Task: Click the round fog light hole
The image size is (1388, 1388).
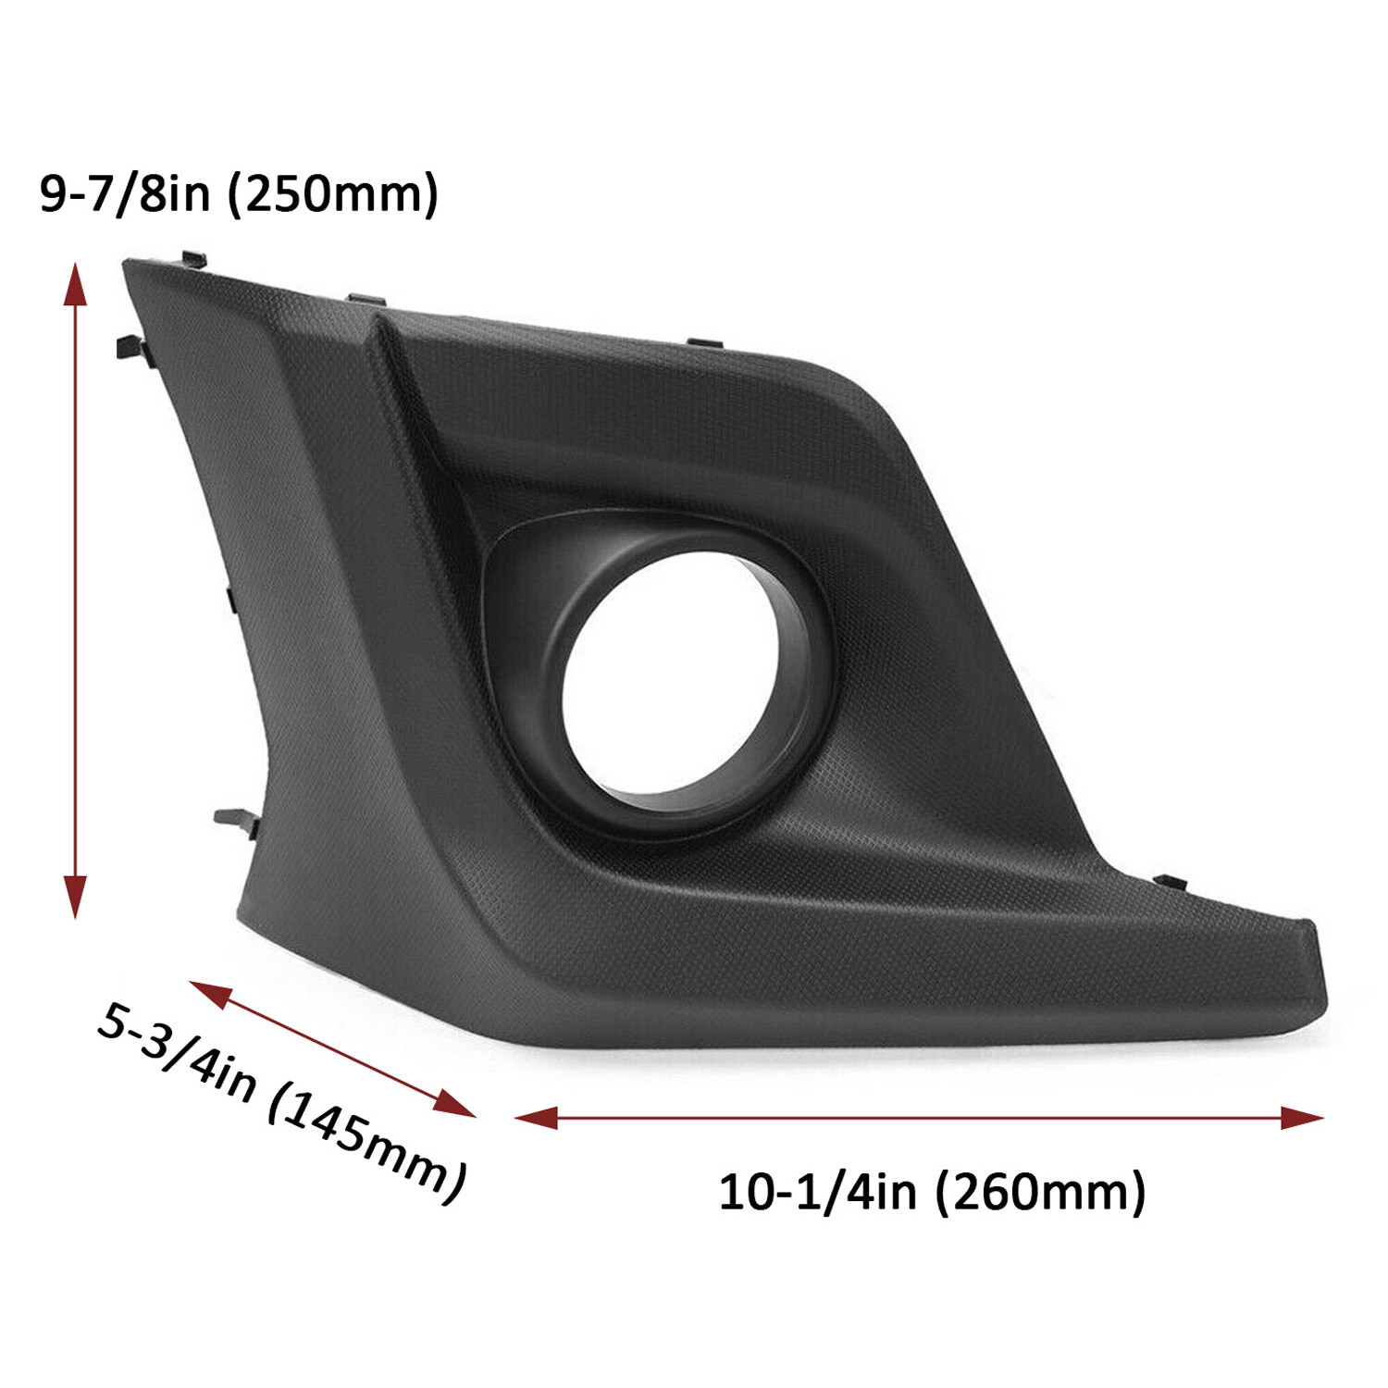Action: point(669,674)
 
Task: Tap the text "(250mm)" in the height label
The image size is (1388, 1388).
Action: point(333,193)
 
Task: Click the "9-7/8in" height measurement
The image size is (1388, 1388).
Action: point(125,193)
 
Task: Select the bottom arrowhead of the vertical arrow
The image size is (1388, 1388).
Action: point(75,897)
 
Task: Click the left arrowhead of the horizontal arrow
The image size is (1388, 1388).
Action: point(536,1117)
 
